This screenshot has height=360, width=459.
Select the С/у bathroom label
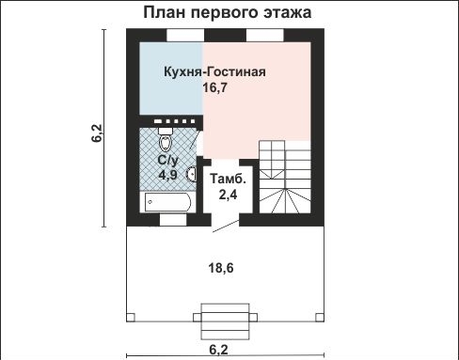click(167, 160)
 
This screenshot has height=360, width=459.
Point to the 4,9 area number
click(167, 175)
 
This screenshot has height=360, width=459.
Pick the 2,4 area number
click(229, 196)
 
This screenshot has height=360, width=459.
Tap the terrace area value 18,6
click(220, 268)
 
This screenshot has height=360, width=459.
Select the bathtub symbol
click(166, 202)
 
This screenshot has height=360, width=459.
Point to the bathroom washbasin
click(191, 172)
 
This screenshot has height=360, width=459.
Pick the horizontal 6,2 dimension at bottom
click(219, 350)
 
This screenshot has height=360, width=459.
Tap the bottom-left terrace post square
click(131, 316)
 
